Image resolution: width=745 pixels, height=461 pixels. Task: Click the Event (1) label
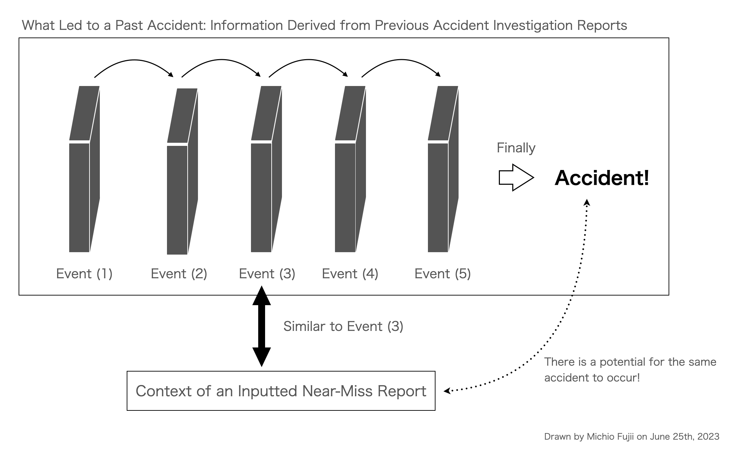tap(84, 274)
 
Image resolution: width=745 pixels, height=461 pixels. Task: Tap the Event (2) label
tap(179, 274)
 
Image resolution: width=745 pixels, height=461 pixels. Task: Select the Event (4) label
tap(350, 274)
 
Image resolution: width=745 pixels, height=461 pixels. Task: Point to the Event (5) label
tap(442, 274)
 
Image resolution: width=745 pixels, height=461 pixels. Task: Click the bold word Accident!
tap(602, 178)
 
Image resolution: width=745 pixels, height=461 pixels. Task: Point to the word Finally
tap(516, 148)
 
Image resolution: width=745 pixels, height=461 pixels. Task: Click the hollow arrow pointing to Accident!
tap(516, 178)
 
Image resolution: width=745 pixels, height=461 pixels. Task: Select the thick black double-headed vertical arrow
tap(262, 326)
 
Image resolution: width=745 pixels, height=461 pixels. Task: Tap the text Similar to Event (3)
tap(343, 326)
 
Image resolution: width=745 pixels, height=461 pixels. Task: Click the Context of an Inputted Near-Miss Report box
tap(281, 391)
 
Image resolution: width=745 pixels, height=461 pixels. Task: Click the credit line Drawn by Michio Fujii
tap(631, 437)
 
